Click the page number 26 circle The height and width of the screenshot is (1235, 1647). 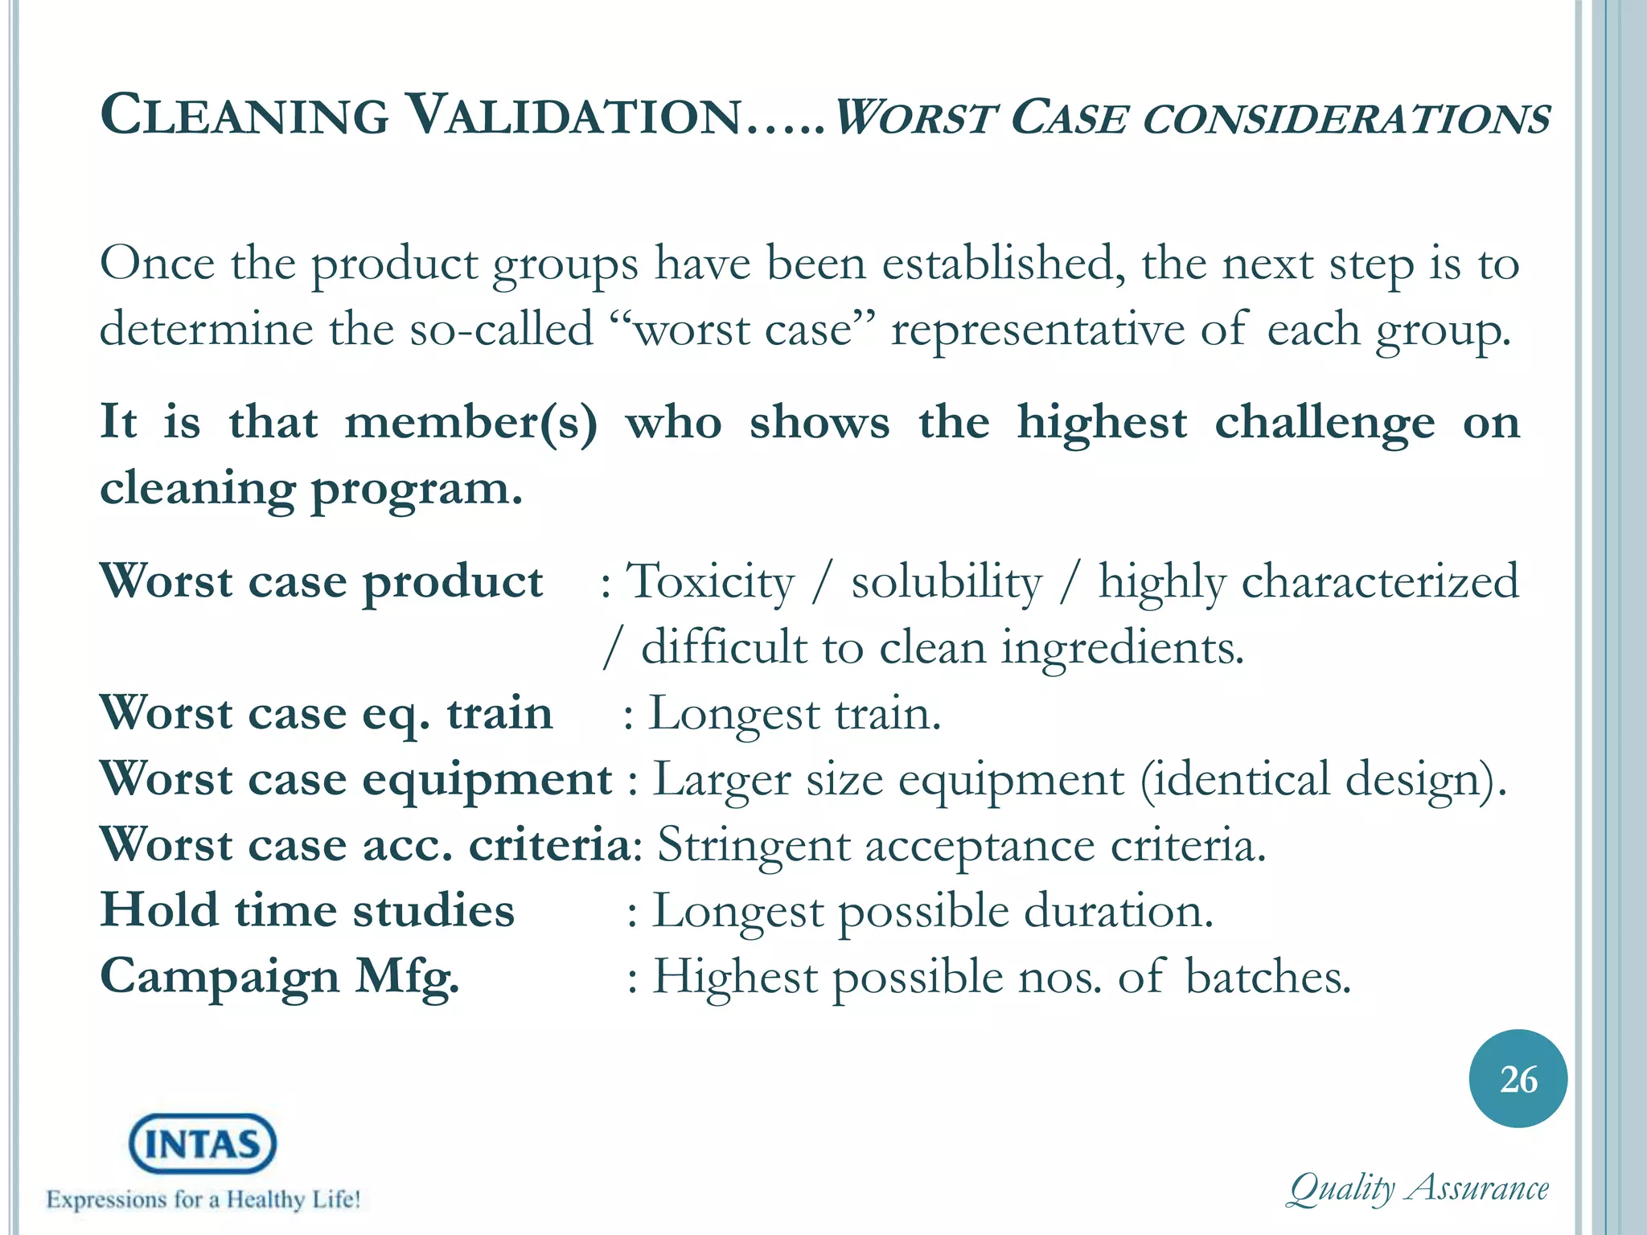tap(1518, 1079)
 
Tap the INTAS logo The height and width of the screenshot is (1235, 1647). tap(203, 1143)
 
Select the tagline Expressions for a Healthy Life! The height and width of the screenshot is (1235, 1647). tap(203, 1200)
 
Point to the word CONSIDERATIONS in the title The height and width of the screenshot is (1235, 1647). tap(1345, 119)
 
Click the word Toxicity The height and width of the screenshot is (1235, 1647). tap(711, 582)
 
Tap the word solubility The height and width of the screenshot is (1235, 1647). tap(947, 582)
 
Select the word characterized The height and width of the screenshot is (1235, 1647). tap(1380, 582)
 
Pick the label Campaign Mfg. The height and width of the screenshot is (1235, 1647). tap(280, 978)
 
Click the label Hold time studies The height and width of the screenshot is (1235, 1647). tap(307, 911)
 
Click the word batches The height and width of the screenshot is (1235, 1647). tap(1268, 978)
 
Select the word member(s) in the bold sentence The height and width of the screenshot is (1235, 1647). tap(471, 423)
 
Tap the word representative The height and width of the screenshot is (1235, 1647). tap(1037, 330)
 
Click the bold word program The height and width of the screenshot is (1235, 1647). tap(417, 490)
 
